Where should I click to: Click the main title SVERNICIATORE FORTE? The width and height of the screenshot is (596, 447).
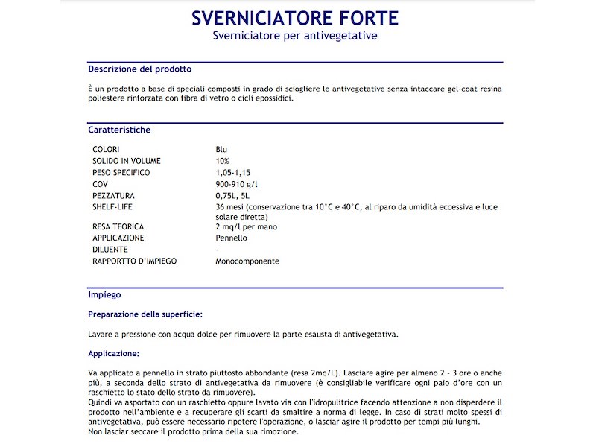pos(295,18)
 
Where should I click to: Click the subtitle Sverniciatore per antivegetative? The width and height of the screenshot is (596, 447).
pos(295,36)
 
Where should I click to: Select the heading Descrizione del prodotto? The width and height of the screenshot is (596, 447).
pos(140,69)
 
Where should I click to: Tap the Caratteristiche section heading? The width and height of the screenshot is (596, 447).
pos(119,130)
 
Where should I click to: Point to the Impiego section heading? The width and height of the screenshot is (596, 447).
pos(104,295)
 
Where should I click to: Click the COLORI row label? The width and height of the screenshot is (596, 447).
pos(106,150)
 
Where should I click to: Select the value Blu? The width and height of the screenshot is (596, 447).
pos(221,150)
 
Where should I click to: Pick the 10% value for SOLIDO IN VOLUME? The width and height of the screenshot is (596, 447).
pos(223,161)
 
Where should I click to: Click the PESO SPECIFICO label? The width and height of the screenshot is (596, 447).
pos(121,173)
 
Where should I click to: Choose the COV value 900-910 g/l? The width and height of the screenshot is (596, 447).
pos(237,184)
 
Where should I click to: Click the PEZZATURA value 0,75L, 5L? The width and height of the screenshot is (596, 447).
pos(235,195)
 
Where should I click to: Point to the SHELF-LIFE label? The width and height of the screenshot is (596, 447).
pos(112,206)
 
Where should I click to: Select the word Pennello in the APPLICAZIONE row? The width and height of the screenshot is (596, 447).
pos(231,238)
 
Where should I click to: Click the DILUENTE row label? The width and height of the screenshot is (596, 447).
pos(110,250)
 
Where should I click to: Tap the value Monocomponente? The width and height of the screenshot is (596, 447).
pos(247,261)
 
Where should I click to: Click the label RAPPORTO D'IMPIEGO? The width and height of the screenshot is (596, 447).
pos(135,261)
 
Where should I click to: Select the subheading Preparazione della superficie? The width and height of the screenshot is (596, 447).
pos(145,314)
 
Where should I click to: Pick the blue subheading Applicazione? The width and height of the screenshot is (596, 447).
pos(113,353)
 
